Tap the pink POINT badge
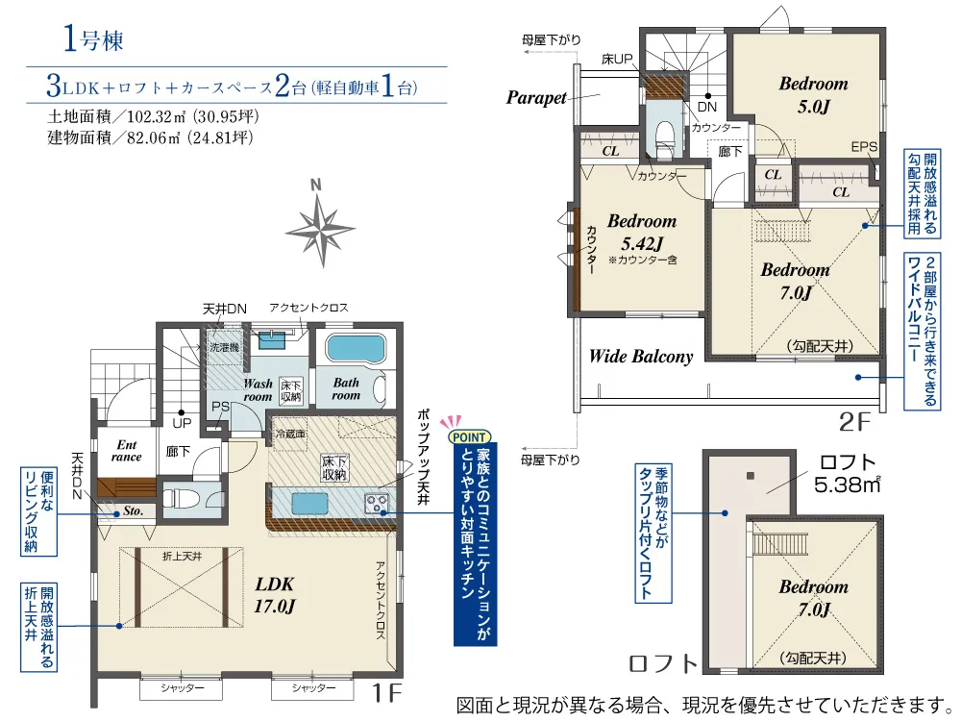470,437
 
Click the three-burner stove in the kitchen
376,503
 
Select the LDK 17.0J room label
275,595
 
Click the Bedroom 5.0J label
813,95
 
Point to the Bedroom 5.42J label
642,233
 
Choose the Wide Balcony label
640,357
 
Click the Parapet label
535,97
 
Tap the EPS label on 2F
864,147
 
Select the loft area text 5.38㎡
847,485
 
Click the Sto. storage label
133,510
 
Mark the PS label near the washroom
219,407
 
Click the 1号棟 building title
93,39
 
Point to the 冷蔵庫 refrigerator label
290,435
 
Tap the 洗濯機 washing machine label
224,348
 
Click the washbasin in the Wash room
271,339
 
